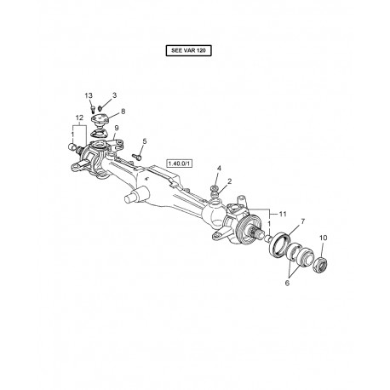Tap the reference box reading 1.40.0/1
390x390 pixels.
[180, 162]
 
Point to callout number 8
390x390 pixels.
[124, 112]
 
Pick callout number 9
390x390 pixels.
[117, 128]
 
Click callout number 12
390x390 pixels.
[81, 117]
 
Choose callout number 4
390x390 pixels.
[219, 169]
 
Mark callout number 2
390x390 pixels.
[228, 181]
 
